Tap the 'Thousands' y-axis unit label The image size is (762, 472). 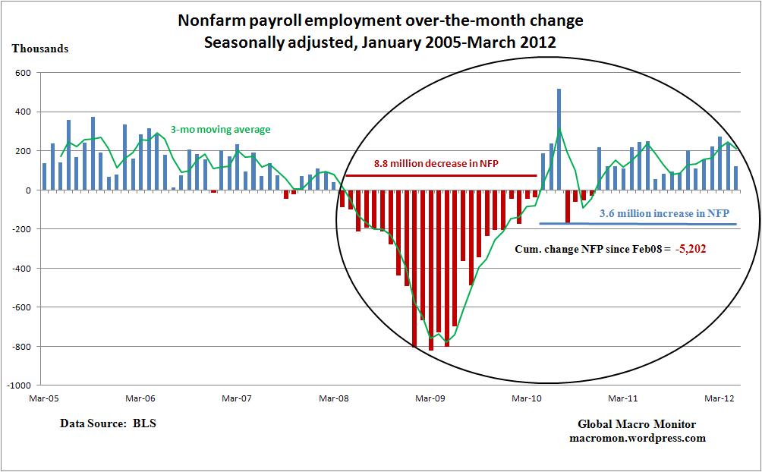(39, 49)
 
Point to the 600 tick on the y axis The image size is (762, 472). (22, 73)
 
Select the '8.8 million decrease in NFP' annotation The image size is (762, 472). (436, 162)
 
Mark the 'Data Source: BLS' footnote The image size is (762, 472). (108, 423)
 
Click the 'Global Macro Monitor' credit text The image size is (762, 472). (637, 424)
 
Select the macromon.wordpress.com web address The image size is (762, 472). (637, 438)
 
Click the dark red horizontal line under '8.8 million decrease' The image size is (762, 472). (440, 175)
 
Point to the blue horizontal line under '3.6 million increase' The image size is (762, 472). (638, 224)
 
